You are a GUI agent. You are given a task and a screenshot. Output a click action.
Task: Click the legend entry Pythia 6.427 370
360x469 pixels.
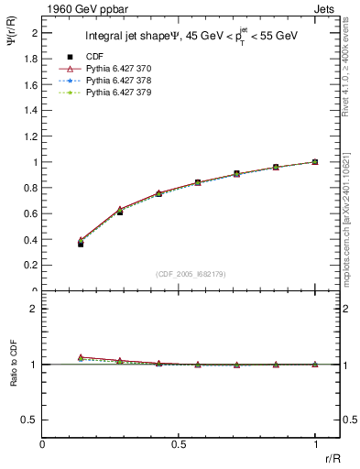119,69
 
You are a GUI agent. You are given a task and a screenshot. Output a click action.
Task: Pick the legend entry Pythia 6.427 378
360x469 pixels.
119,81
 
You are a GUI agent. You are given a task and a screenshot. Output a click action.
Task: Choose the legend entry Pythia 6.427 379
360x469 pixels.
119,93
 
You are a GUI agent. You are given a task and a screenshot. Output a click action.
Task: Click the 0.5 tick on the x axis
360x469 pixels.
179,444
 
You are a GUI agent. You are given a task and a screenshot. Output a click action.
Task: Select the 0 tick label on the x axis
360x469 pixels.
43,444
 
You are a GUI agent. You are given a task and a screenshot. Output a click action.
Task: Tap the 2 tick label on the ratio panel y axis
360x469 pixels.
34,309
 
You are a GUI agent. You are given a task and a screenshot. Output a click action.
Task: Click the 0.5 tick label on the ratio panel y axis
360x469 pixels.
30,420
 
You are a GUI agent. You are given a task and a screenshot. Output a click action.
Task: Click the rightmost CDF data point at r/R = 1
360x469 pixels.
315,162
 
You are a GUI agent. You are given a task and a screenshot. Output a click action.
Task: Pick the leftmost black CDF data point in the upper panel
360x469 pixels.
81,244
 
